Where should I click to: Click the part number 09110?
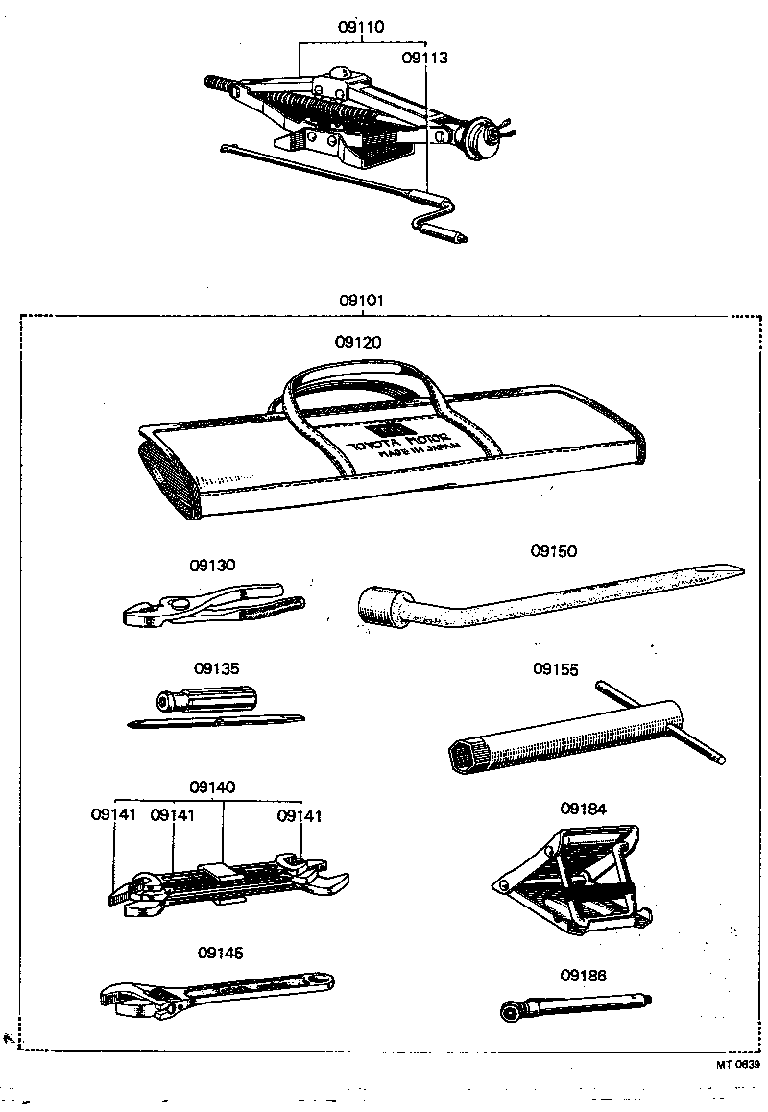click(361, 27)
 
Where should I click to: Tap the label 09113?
click(424, 58)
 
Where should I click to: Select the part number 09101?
click(361, 300)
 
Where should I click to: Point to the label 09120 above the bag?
click(358, 342)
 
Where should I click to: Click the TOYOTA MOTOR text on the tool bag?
click(393, 443)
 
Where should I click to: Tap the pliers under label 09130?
click(211, 606)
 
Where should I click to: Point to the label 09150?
click(554, 551)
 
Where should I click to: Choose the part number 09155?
click(556, 669)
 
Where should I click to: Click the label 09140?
click(212, 786)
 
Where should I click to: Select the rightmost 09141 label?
click(300, 816)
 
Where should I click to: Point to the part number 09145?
click(220, 953)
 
